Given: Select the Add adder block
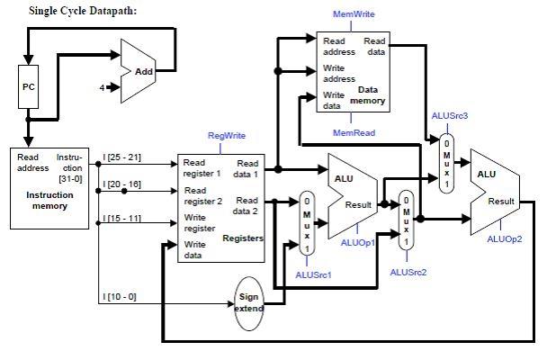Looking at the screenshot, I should [142, 70].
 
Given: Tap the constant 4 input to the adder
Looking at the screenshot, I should [103, 87].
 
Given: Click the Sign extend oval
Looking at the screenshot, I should [249, 302].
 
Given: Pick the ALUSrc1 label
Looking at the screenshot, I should [312, 274].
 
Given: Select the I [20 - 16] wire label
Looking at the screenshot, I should [123, 185].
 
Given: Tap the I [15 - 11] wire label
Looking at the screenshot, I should [123, 218].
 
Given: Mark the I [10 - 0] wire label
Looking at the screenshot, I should [120, 296].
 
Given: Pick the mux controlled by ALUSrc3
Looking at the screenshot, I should [446, 163].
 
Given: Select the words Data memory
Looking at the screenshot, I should [370, 95].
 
